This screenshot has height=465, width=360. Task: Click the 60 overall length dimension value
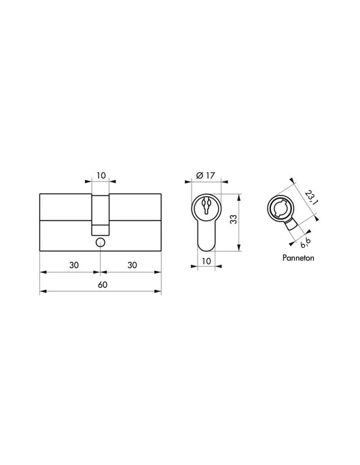pyautogui.click(x=101, y=285)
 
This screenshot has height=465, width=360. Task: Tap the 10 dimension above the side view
pyautogui.click(x=101, y=175)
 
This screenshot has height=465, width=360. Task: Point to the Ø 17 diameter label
pyautogui.click(x=204, y=176)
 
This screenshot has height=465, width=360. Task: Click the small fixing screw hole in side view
pyautogui.click(x=101, y=242)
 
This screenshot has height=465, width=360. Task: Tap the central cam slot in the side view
pyautogui.click(x=101, y=210)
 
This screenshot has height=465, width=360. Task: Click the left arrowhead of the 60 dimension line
pyautogui.click(x=43, y=293)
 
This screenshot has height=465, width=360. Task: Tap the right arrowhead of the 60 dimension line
pyautogui.click(x=158, y=293)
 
